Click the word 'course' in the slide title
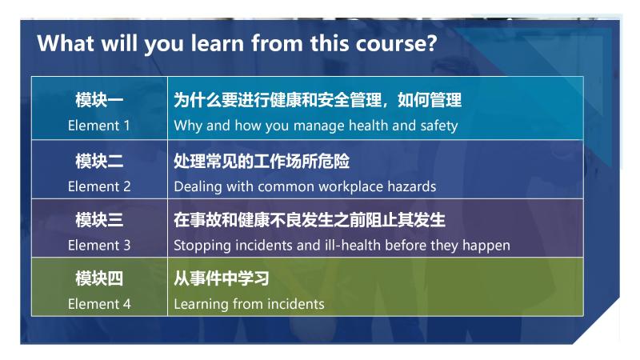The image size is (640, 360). click(390, 42)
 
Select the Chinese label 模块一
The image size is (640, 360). click(99, 101)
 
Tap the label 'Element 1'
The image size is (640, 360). click(99, 126)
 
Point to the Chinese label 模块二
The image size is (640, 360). click(99, 161)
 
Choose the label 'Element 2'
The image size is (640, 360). click(99, 186)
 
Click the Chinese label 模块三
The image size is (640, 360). click(99, 220)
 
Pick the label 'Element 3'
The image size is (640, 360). click(99, 246)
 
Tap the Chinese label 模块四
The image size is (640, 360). click(99, 279)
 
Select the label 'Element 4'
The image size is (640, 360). click(99, 304)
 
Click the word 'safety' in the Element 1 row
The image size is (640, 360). click(438, 126)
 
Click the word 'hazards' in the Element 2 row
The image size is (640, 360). click(410, 186)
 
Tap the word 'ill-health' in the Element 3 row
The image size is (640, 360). click(350, 246)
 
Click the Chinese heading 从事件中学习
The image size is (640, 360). click(222, 279)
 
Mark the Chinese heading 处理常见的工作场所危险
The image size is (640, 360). click(262, 161)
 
